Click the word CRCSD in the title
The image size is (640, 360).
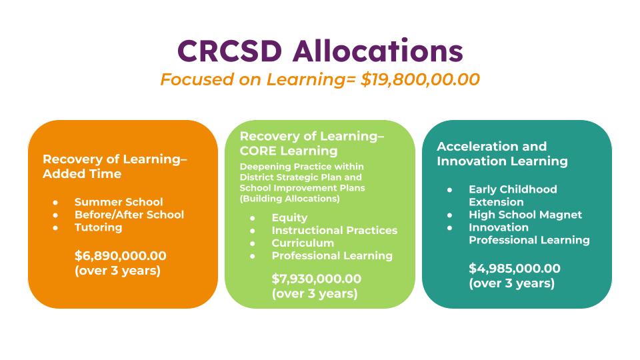click(230, 51)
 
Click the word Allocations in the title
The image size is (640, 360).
click(378, 51)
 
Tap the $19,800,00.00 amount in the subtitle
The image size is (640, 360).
click(420, 79)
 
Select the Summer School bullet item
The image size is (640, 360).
click(119, 201)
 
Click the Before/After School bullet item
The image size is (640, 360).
click(129, 214)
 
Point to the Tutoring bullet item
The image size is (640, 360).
click(98, 227)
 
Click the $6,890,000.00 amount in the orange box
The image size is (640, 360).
click(121, 256)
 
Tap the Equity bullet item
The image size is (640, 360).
click(289, 218)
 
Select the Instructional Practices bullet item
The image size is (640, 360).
click(334, 230)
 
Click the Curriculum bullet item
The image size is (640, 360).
click(303, 243)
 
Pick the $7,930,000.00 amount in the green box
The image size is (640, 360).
click(316, 279)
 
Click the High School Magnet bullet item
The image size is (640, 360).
click(525, 215)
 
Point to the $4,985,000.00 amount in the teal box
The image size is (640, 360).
click(514, 269)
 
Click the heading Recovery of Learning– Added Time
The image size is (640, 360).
click(115, 166)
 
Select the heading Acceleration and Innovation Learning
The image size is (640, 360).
click(502, 153)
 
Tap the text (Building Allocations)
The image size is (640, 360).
click(289, 199)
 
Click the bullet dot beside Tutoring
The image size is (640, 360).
click(55, 228)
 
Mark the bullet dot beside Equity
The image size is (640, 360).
click(253, 219)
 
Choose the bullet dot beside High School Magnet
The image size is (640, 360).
click(450, 215)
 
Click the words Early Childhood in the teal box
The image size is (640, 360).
click(513, 189)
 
